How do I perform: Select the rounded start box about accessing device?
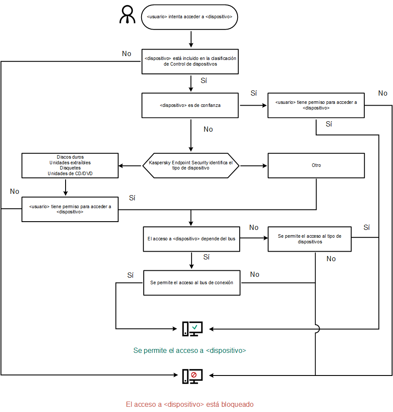[x=190, y=17]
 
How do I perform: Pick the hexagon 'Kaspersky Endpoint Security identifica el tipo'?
[x=191, y=166]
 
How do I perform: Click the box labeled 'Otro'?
[x=316, y=166]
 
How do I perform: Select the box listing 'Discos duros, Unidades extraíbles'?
[x=70, y=165]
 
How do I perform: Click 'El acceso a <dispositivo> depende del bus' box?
[x=192, y=239]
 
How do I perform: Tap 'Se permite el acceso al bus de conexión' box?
[x=192, y=282]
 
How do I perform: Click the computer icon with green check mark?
[x=192, y=329]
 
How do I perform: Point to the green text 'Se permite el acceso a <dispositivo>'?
[x=190, y=350]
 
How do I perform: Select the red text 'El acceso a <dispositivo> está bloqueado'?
[x=190, y=404]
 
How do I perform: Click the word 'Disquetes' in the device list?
[x=70, y=168]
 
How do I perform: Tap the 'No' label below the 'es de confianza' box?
[x=208, y=129]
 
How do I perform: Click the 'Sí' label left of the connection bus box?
[x=131, y=275]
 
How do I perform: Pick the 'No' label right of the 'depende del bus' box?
[x=254, y=228]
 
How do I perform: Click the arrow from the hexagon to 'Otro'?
[x=254, y=166]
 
